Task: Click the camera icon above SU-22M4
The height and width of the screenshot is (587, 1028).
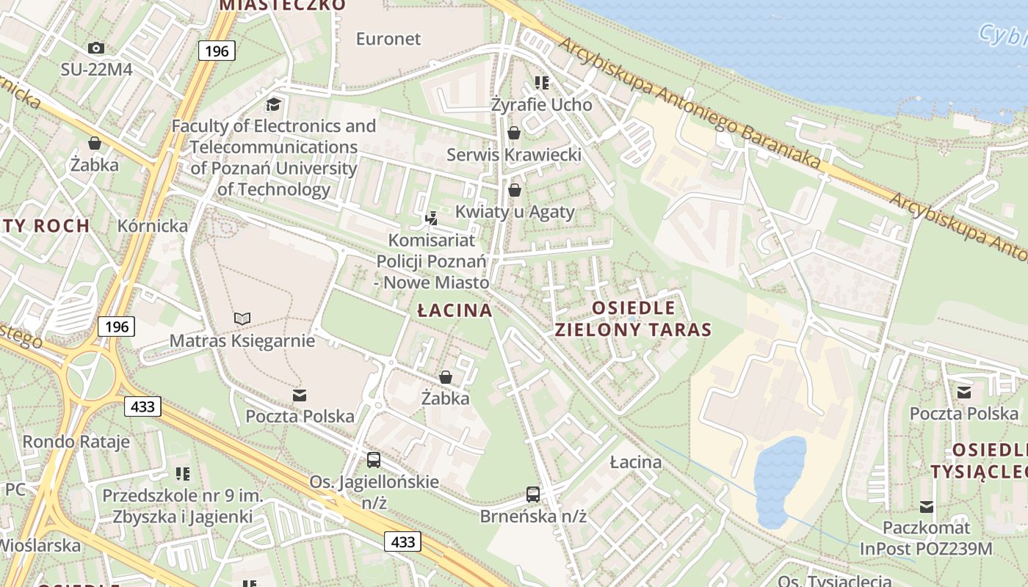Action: point(95,48)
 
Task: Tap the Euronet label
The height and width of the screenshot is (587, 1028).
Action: point(388,39)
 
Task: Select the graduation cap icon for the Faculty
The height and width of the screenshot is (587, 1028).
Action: point(274,104)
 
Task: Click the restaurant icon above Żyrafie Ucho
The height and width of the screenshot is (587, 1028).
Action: point(542,83)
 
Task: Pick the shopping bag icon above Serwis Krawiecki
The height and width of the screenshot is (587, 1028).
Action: point(514,133)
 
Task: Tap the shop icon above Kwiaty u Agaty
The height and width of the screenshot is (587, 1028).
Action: point(515,190)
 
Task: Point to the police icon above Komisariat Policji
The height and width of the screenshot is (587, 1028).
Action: point(432,218)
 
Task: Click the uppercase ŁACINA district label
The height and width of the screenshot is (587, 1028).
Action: point(455,310)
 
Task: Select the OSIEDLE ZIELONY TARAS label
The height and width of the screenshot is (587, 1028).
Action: point(633,318)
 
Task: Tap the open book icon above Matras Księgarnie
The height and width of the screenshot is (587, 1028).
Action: point(242,318)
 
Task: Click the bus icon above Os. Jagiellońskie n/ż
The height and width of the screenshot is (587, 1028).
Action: point(374,460)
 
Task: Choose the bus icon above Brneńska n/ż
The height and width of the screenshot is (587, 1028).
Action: point(533,495)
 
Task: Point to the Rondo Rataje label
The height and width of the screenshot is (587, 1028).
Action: point(76,442)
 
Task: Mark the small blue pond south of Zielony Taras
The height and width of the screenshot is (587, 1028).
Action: point(779,481)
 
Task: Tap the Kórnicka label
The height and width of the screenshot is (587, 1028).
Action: point(153,226)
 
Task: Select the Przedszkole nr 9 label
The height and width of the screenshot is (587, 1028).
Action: point(182,506)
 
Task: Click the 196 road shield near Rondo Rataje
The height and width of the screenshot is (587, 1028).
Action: point(116,327)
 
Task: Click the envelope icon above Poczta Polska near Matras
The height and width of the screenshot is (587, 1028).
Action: point(300,396)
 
